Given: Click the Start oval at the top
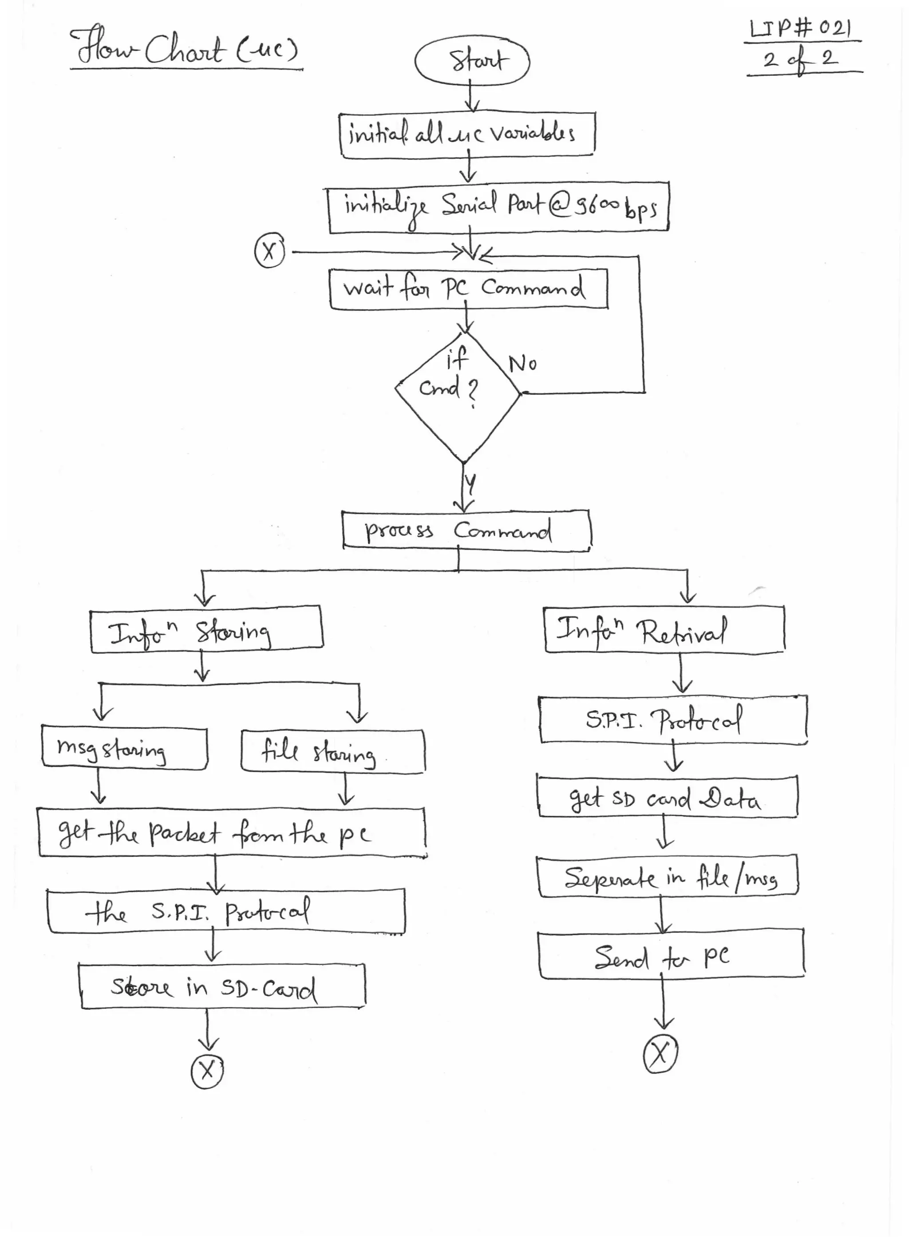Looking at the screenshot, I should (471, 60).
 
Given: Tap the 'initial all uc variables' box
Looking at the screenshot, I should (467, 134).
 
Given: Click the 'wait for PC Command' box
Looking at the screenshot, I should (468, 289).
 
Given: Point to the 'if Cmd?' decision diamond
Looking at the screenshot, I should (458, 396).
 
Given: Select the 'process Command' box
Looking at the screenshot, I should (466, 530).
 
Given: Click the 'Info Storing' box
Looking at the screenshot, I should (206, 630).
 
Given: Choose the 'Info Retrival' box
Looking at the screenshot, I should (664, 631).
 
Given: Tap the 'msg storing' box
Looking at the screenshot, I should (124, 749).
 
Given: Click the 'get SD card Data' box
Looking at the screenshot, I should (667, 797).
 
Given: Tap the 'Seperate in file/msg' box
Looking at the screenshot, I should (667, 877).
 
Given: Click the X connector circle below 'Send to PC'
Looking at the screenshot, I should (660, 1054).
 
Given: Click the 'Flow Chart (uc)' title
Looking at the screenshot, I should (186, 50).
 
